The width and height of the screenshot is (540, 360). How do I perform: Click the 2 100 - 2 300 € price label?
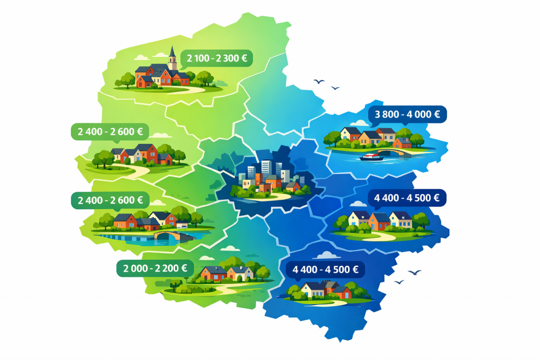coord(216,58)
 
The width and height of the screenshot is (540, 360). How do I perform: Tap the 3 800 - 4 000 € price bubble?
coord(408,114)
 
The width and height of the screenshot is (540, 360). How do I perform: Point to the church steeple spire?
coord(172,51)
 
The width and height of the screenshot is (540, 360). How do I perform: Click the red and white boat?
coord(372,157)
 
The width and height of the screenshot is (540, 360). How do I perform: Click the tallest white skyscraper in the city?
coord(266,168)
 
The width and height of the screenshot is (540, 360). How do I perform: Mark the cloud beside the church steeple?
coord(141,57)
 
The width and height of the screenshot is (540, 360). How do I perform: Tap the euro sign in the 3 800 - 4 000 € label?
coord(438,114)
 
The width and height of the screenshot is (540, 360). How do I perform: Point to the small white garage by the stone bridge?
coord(182,226)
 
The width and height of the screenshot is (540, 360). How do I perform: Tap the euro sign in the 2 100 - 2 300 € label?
coord(244,58)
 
